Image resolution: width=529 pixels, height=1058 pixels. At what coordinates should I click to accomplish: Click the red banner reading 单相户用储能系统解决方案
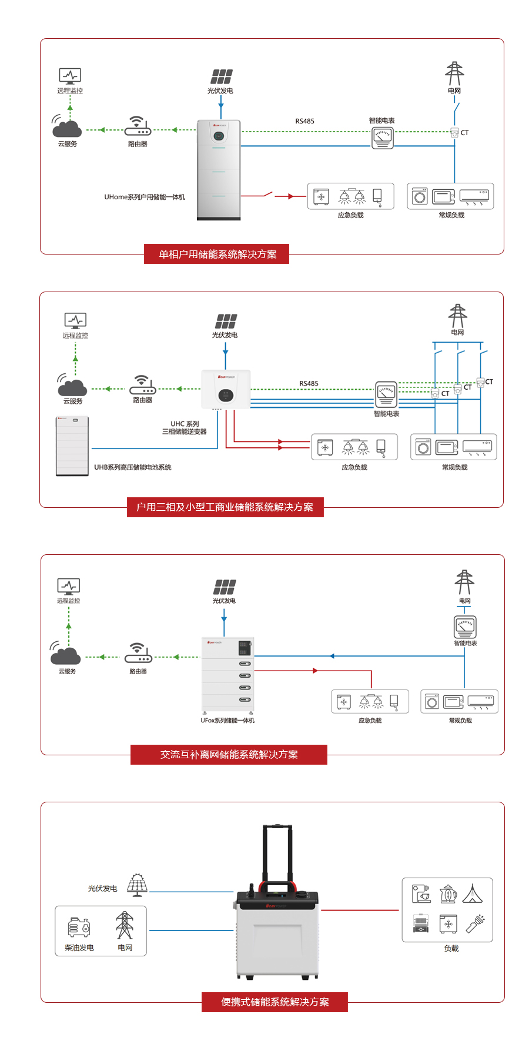pos(216,255)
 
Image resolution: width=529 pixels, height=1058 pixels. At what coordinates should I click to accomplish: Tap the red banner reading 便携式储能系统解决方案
pos(274,1002)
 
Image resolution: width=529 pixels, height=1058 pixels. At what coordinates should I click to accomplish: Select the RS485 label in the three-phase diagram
pos(309,384)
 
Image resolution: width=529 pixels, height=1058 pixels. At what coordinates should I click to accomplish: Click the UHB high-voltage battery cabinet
pos(72,446)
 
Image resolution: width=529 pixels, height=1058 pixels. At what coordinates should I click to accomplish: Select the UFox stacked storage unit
pos(227,674)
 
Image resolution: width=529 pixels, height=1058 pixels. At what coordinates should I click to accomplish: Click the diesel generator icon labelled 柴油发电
pos(79,928)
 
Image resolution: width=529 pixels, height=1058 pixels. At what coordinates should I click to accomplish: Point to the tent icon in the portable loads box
pos(473,893)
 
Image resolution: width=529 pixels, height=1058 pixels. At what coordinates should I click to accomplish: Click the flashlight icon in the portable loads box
pos(475,923)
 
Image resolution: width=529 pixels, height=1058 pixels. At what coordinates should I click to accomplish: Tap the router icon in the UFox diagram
pos(138,653)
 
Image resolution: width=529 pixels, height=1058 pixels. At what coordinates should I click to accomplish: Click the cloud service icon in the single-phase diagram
pos(66,126)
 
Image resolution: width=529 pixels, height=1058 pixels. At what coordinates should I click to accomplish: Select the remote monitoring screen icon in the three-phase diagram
pos(75,320)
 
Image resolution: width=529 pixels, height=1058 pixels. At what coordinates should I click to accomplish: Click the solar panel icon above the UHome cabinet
pos(222,76)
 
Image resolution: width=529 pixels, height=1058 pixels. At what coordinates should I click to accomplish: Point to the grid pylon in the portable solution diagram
pos(125,926)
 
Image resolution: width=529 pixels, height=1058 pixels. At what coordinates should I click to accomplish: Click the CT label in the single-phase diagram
pos(465,133)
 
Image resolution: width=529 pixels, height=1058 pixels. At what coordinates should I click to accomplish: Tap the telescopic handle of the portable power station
pos(277,852)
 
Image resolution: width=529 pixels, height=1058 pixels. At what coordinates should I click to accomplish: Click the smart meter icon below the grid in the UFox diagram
pos(465,627)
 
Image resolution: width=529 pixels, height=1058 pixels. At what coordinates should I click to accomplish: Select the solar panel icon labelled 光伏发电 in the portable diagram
pos(137,885)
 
